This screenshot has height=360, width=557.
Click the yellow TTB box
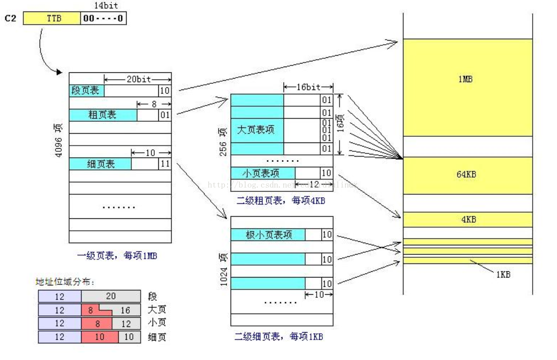tap(52, 19)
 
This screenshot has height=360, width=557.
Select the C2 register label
tap(11, 19)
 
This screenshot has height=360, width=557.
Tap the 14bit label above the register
tap(106, 6)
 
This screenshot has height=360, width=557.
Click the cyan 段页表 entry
tap(86, 91)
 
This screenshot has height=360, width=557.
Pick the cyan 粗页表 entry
tap(103, 115)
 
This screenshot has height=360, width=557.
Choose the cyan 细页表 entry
tap(100, 164)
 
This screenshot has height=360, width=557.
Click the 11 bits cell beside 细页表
tap(165, 164)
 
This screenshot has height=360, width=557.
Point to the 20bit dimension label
tap(138, 79)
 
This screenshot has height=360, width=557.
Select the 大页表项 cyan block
tap(257, 130)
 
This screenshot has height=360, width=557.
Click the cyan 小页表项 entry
tap(262, 173)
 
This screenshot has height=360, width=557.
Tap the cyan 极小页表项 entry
tap(268, 234)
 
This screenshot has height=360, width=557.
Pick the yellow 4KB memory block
tap(467, 220)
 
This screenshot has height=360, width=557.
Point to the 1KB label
tap(503, 274)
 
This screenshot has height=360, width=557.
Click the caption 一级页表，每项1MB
tap(117, 256)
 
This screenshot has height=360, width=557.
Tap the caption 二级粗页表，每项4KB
tap(280, 201)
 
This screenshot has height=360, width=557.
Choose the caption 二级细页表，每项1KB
tap(279, 337)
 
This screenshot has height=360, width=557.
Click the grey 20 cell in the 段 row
tap(111, 296)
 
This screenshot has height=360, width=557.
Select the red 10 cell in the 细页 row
tap(100, 337)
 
